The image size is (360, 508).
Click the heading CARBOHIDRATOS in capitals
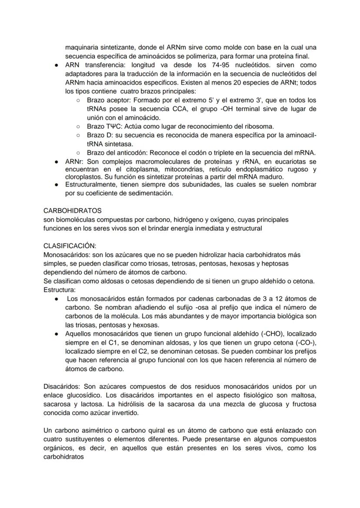pos(72,210)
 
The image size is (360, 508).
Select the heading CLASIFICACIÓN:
pos(70,246)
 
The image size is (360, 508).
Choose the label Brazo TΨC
pos(102,126)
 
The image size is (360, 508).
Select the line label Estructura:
pos(60,289)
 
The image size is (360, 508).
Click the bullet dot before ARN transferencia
pos(57,65)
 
